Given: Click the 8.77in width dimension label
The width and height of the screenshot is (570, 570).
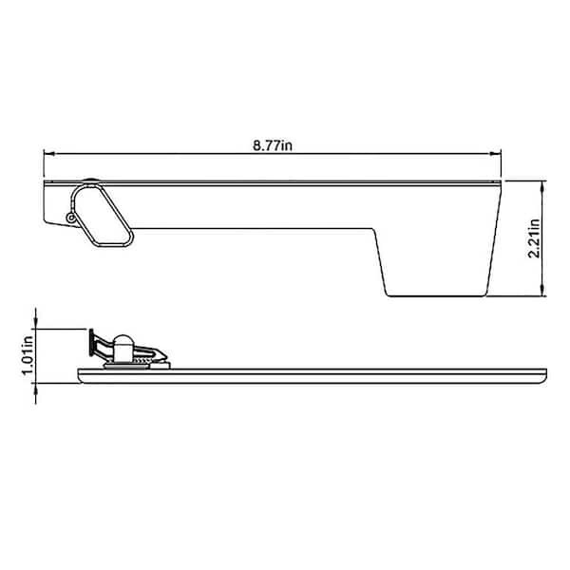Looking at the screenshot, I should [x=273, y=144].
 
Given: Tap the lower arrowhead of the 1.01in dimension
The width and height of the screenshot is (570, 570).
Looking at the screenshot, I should [x=36, y=381].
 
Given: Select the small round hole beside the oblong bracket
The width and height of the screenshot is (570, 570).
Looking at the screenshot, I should [x=72, y=218].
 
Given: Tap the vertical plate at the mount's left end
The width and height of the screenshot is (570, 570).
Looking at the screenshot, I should [x=92, y=341].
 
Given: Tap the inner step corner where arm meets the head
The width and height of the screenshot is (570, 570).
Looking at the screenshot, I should [x=376, y=228].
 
